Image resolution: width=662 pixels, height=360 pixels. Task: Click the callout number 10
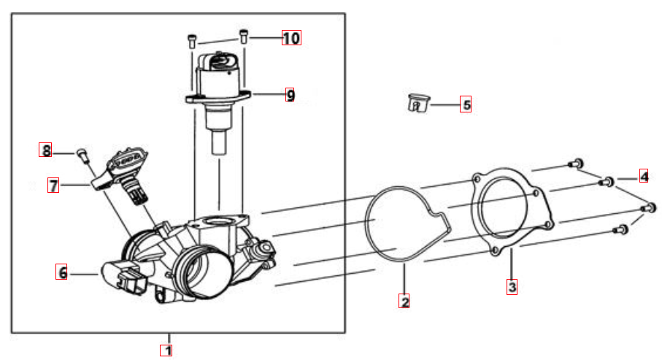click(291, 38)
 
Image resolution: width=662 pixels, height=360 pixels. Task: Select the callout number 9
click(290, 95)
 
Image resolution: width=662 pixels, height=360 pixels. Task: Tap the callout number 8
click(45, 150)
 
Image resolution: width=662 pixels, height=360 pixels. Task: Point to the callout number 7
click(53, 185)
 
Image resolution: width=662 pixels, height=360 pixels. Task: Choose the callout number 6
click(61, 272)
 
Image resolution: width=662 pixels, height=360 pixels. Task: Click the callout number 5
click(466, 104)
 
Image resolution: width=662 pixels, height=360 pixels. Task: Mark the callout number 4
click(644, 175)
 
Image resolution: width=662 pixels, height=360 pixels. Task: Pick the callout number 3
click(512, 287)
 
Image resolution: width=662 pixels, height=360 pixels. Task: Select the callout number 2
click(404, 301)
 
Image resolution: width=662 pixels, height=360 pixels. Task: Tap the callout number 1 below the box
click(166, 351)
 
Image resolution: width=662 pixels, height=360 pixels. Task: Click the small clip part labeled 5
click(418, 103)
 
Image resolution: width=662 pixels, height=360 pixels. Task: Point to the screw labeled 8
click(82, 155)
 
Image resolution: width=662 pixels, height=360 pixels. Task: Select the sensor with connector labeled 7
click(122, 173)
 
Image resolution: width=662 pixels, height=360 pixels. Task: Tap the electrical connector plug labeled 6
click(123, 277)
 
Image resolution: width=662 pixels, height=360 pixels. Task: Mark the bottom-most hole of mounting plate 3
click(495, 251)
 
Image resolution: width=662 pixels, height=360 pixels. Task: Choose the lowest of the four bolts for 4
click(620, 229)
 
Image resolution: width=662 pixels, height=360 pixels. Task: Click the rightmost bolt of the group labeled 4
click(648, 208)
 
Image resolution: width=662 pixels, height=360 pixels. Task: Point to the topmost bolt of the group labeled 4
click(576, 163)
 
